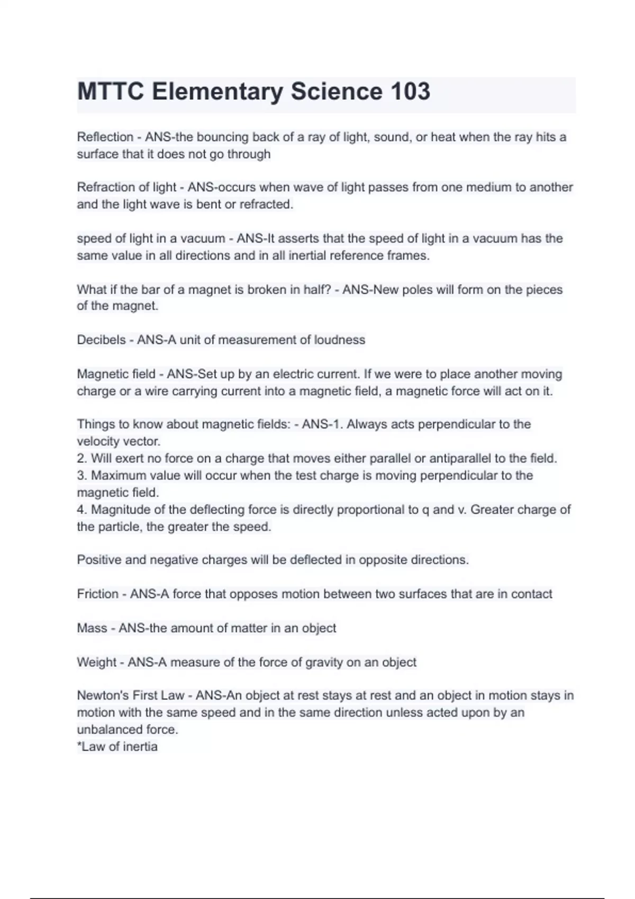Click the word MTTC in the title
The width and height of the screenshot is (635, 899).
tap(110, 91)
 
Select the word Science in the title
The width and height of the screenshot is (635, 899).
tap(335, 91)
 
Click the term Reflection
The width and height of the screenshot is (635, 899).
tap(105, 137)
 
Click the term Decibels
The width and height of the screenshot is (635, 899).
tap(101, 340)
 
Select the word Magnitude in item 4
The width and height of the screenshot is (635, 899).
tap(119, 510)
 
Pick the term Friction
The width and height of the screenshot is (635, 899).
tap(97, 594)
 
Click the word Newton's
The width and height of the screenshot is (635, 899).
tap(103, 695)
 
